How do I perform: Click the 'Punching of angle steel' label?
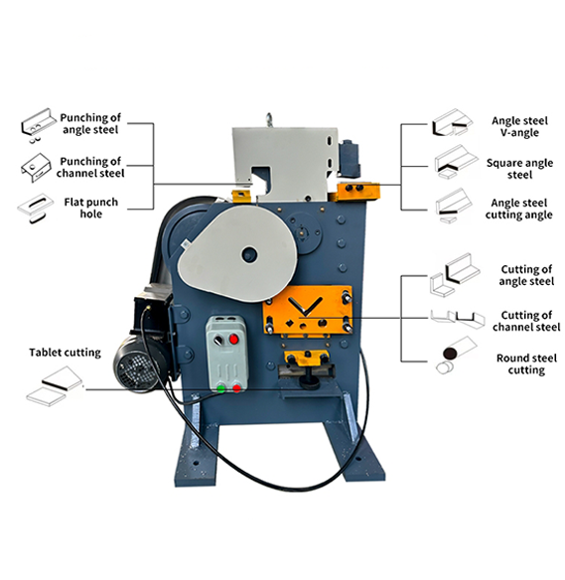point(90,123)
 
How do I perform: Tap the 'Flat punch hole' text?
point(91,208)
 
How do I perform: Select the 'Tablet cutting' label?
point(66,353)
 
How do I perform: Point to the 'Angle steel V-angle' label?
point(519,126)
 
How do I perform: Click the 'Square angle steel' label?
point(519,169)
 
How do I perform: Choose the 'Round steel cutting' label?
point(526,363)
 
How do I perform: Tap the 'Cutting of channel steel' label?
point(526,321)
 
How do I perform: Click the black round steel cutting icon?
point(451,354)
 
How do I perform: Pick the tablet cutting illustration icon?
point(55,385)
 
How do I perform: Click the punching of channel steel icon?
point(36,167)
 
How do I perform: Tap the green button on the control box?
point(220,388)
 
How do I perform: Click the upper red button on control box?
point(233,339)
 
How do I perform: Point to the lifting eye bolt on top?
point(269,119)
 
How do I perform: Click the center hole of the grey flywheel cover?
point(249,255)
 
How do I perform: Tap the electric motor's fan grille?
point(135,370)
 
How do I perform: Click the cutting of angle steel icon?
point(455,274)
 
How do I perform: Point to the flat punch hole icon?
point(36,208)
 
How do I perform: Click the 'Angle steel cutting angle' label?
point(518,209)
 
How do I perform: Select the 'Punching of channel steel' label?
point(90,167)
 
